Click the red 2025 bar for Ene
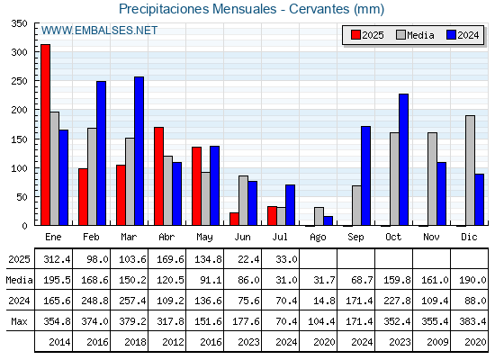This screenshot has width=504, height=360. [x=45, y=135]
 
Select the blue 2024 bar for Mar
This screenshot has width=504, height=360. [x=139, y=151]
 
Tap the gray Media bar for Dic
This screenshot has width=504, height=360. [x=470, y=170]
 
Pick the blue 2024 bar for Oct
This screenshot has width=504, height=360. [x=404, y=159]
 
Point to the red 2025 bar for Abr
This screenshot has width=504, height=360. [x=158, y=176]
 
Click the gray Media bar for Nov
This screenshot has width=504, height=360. [x=432, y=179]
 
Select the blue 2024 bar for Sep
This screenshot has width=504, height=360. [x=365, y=175]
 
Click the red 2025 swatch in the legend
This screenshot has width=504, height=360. [x=355, y=35]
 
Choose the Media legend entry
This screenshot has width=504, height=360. [x=415, y=35]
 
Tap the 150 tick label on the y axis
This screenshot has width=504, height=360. [x=19, y=139]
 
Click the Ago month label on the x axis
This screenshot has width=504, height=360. [x=318, y=238]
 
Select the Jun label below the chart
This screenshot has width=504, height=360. [x=242, y=237]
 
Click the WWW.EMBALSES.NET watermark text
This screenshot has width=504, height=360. [x=99, y=31]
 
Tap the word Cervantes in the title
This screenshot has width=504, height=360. [x=319, y=9]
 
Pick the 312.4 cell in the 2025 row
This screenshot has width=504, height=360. [x=57, y=259]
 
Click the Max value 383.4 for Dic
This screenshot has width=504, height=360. [x=472, y=321]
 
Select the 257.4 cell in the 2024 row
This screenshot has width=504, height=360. [x=132, y=301]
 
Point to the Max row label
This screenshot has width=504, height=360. [x=19, y=321]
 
